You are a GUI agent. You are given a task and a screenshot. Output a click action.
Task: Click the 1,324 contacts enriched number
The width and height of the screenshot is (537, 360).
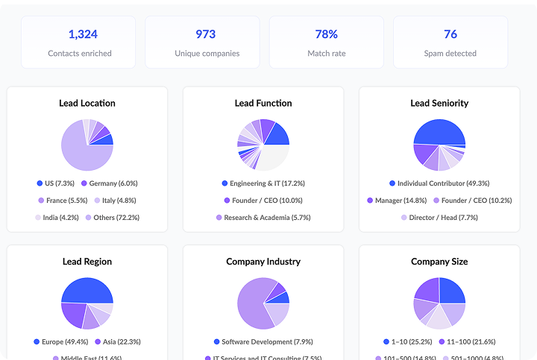[x=83, y=34]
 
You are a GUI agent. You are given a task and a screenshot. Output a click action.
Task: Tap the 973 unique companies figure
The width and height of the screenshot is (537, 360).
[x=206, y=34]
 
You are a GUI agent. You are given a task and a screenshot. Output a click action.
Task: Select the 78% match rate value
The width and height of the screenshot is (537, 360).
[x=327, y=34]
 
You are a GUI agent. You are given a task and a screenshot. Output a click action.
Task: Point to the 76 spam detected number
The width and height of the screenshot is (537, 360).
[x=450, y=34]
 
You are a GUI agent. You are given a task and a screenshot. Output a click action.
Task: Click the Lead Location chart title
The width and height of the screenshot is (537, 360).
[x=87, y=103]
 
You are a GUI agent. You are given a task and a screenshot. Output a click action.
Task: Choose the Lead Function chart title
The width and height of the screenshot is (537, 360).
[x=263, y=103]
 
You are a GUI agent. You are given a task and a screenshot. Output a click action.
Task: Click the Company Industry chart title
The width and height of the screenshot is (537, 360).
[x=263, y=262]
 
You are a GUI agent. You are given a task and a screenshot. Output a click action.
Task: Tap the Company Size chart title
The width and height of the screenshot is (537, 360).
[x=439, y=262]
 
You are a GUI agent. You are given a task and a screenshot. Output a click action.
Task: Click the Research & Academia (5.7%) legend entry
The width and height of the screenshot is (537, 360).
[x=263, y=218]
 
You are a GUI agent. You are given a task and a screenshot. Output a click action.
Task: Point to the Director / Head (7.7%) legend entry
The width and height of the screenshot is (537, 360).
[x=439, y=218]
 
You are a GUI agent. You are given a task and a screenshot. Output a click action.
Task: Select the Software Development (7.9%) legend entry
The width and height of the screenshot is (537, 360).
[x=263, y=342]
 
